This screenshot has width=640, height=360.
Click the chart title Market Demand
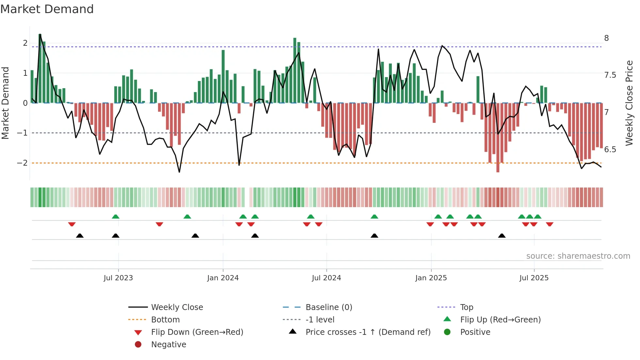click(x=47, y=9)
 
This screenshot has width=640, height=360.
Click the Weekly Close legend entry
click(x=177, y=307)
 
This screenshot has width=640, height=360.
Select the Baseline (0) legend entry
click(x=328, y=307)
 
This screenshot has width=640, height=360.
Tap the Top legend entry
click(x=466, y=307)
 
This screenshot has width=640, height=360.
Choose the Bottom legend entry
click(x=165, y=319)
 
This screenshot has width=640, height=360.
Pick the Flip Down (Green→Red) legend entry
click(x=197, y=332)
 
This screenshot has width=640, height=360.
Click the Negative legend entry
click(x=168, y=344)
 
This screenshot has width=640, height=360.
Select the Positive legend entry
click(x=475, y=332)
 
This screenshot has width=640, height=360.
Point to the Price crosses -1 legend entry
click(x=368, y=332)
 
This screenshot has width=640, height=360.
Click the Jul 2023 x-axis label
click(x=118, y=278)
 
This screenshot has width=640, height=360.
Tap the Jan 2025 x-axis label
click(x=431, y=278)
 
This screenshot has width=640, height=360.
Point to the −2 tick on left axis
click(x=22, y=163)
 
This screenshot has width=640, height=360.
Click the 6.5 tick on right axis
click(x=610, y=149)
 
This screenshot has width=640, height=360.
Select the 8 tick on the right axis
click(x=606, y=38)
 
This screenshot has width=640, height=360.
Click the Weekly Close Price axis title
click(x=629, y=103)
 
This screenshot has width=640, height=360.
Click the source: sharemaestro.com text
click(x=578, y=256)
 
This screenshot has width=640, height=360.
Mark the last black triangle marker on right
click(x=502, y=236)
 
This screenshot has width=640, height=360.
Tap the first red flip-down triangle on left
click(x=72, y=224)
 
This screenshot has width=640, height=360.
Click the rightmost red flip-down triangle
click(x=550, y=224)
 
